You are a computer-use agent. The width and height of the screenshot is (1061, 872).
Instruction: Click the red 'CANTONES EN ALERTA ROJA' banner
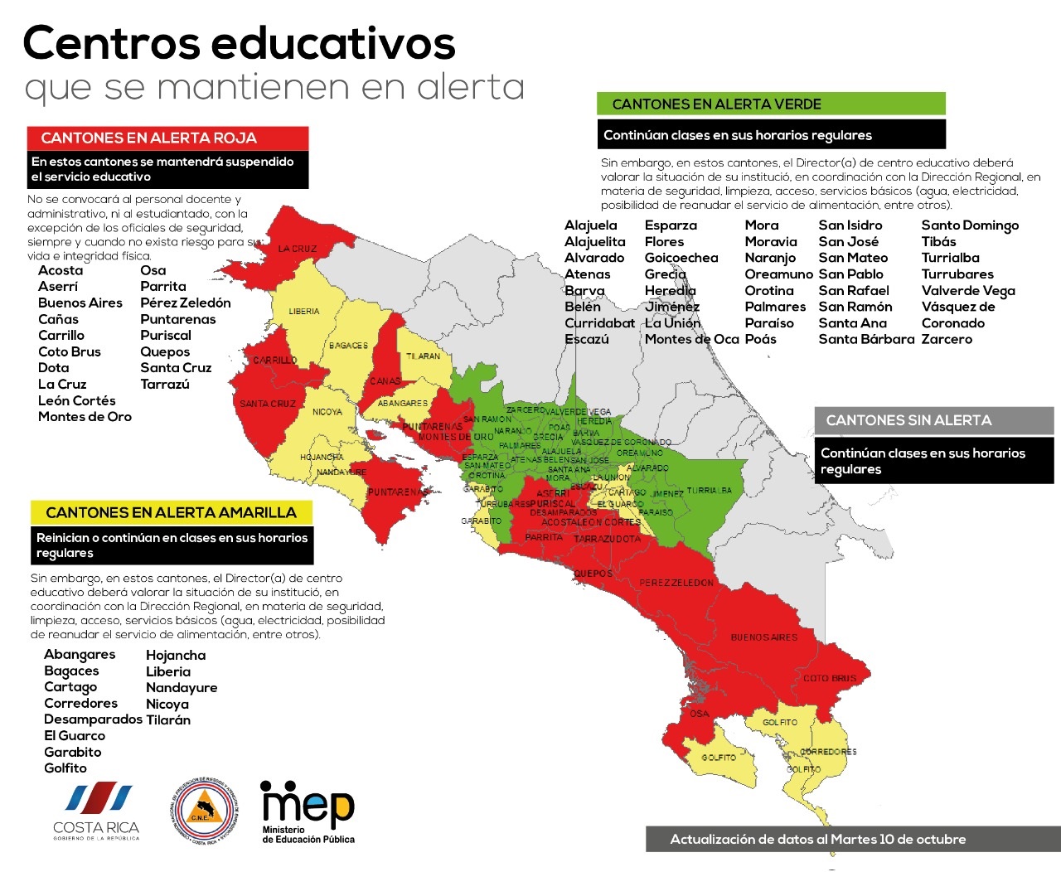pyautogui.click(x=167, y=138)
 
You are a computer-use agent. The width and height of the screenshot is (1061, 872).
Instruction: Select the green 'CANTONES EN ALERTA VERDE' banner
pyautogui.click(x=771, y=104)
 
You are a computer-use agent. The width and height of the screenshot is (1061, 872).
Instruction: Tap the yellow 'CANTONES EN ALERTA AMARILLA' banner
pyautogui.click(x=171, y=512)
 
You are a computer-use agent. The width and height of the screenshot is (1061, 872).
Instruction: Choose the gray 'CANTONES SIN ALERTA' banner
pyautogui.click(x=933, y=420)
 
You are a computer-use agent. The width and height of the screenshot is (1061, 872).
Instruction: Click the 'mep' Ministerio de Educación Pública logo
pyautogui.click(x=308, y=812)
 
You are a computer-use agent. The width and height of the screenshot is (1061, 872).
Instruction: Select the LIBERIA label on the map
pyautogui.click(x=304, y=312)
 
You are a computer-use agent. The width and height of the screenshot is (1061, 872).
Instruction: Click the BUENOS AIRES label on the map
pyautogui.click(x=763, y=637)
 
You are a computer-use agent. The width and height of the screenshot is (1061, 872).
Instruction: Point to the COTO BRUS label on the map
pyautogui.click(x=830, y=678)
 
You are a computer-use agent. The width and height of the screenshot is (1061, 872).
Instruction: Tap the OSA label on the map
pyautogui.click(x=700, y=714)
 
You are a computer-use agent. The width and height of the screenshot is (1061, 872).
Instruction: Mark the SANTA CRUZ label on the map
pyautogui.click(x=268, y=404)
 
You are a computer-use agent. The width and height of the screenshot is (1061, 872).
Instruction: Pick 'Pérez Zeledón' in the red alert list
pyautogui.click(x=186, y=303)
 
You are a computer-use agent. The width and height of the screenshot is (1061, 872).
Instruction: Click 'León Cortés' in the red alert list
pyautogui.click(x=76, y=400)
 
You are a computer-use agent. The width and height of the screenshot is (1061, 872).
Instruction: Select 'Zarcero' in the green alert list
pyautogui.click(x=947, y=339)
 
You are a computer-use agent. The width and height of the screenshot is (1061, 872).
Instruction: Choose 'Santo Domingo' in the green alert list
pyautogui.click(x=970, y=225)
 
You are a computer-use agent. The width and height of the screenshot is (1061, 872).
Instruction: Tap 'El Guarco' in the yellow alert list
pyautogui.click(x=75, y=735)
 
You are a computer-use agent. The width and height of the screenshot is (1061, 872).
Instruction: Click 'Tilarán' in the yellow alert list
pyautogui.click(x=168, y=719)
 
